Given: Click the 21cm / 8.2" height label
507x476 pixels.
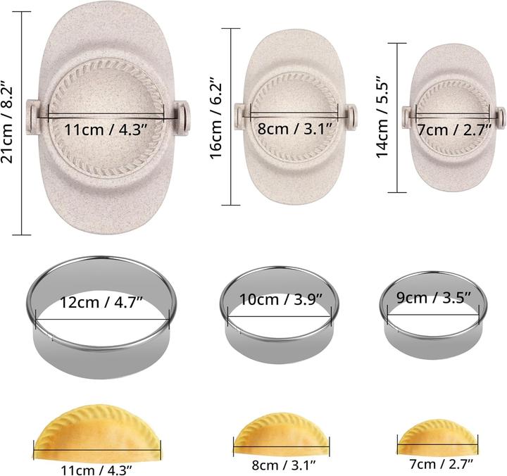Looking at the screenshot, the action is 7,122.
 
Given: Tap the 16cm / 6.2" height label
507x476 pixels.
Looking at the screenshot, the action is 215,118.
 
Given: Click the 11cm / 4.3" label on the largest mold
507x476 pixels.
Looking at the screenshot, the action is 106,130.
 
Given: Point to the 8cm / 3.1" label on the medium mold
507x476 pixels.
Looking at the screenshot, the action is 295,129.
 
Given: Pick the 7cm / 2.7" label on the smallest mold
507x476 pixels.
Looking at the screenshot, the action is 455,130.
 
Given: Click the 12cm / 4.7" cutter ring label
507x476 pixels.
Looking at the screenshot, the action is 101,302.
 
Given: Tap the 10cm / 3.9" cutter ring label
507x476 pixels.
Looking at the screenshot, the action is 281,299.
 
